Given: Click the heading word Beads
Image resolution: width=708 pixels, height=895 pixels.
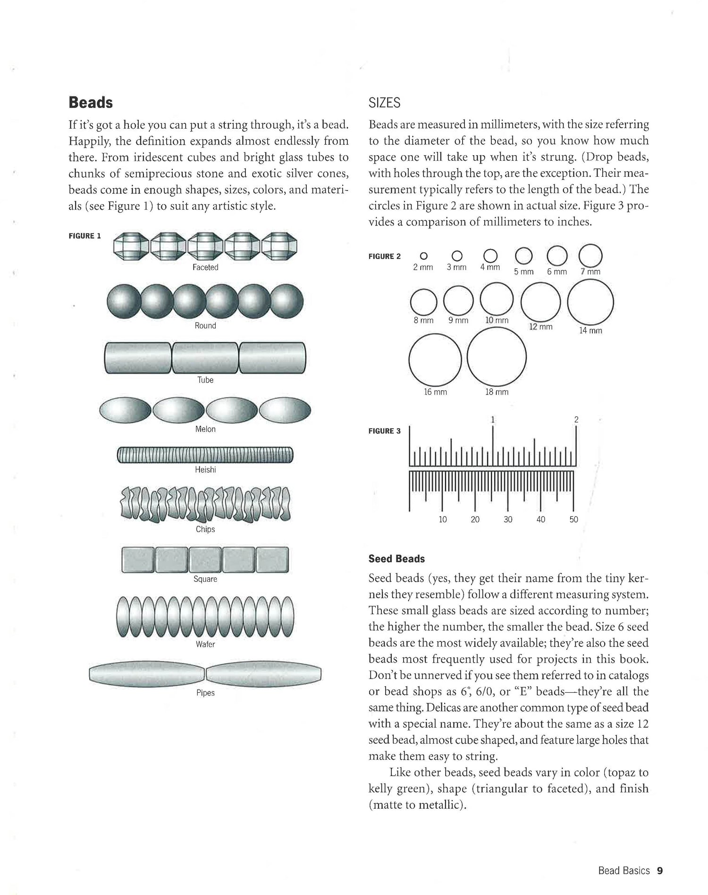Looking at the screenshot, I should click(x=91, y=102).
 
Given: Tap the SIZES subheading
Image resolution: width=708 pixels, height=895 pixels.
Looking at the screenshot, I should click(x=384, y=102).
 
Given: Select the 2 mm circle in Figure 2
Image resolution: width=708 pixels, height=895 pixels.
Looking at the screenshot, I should click(x=423, y=256).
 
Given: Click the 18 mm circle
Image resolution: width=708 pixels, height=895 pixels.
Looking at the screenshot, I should click(x=497, y=357).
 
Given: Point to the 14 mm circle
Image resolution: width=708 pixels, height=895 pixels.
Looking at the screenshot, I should click(x=590, y=302).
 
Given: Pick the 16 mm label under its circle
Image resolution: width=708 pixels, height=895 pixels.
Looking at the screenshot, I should click(x=435, y=392).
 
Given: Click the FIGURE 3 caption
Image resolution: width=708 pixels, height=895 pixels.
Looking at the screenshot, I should click(x=384, y=431).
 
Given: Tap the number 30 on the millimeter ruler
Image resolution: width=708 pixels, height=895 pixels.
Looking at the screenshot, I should click(x=508, y=519).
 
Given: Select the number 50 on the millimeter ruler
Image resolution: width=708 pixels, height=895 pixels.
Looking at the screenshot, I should click(x=573, y=519).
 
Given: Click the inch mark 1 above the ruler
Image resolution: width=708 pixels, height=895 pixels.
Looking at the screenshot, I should click(x=493, y=419).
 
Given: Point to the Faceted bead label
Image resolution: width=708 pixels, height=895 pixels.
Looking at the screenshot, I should click(x=205, y=267).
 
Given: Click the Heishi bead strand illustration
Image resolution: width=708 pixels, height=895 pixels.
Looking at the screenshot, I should click(x=205, y=455).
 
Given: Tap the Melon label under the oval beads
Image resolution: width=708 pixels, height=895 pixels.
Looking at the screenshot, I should click(x=205, y=429).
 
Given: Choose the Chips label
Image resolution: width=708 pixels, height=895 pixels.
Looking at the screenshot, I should click(x=205, y=529).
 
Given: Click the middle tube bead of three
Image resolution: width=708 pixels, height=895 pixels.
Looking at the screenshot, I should click(x=205, y=357).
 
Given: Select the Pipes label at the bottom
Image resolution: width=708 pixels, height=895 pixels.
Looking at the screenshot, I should click(x=205, y=693).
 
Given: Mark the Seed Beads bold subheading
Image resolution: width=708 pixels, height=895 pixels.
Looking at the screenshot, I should click(x=396, y=559).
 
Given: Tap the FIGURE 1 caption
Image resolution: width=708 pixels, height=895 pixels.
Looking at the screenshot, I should click(x=84, y=236).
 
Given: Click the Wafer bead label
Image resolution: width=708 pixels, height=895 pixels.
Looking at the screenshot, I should click(x=205, y=644).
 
